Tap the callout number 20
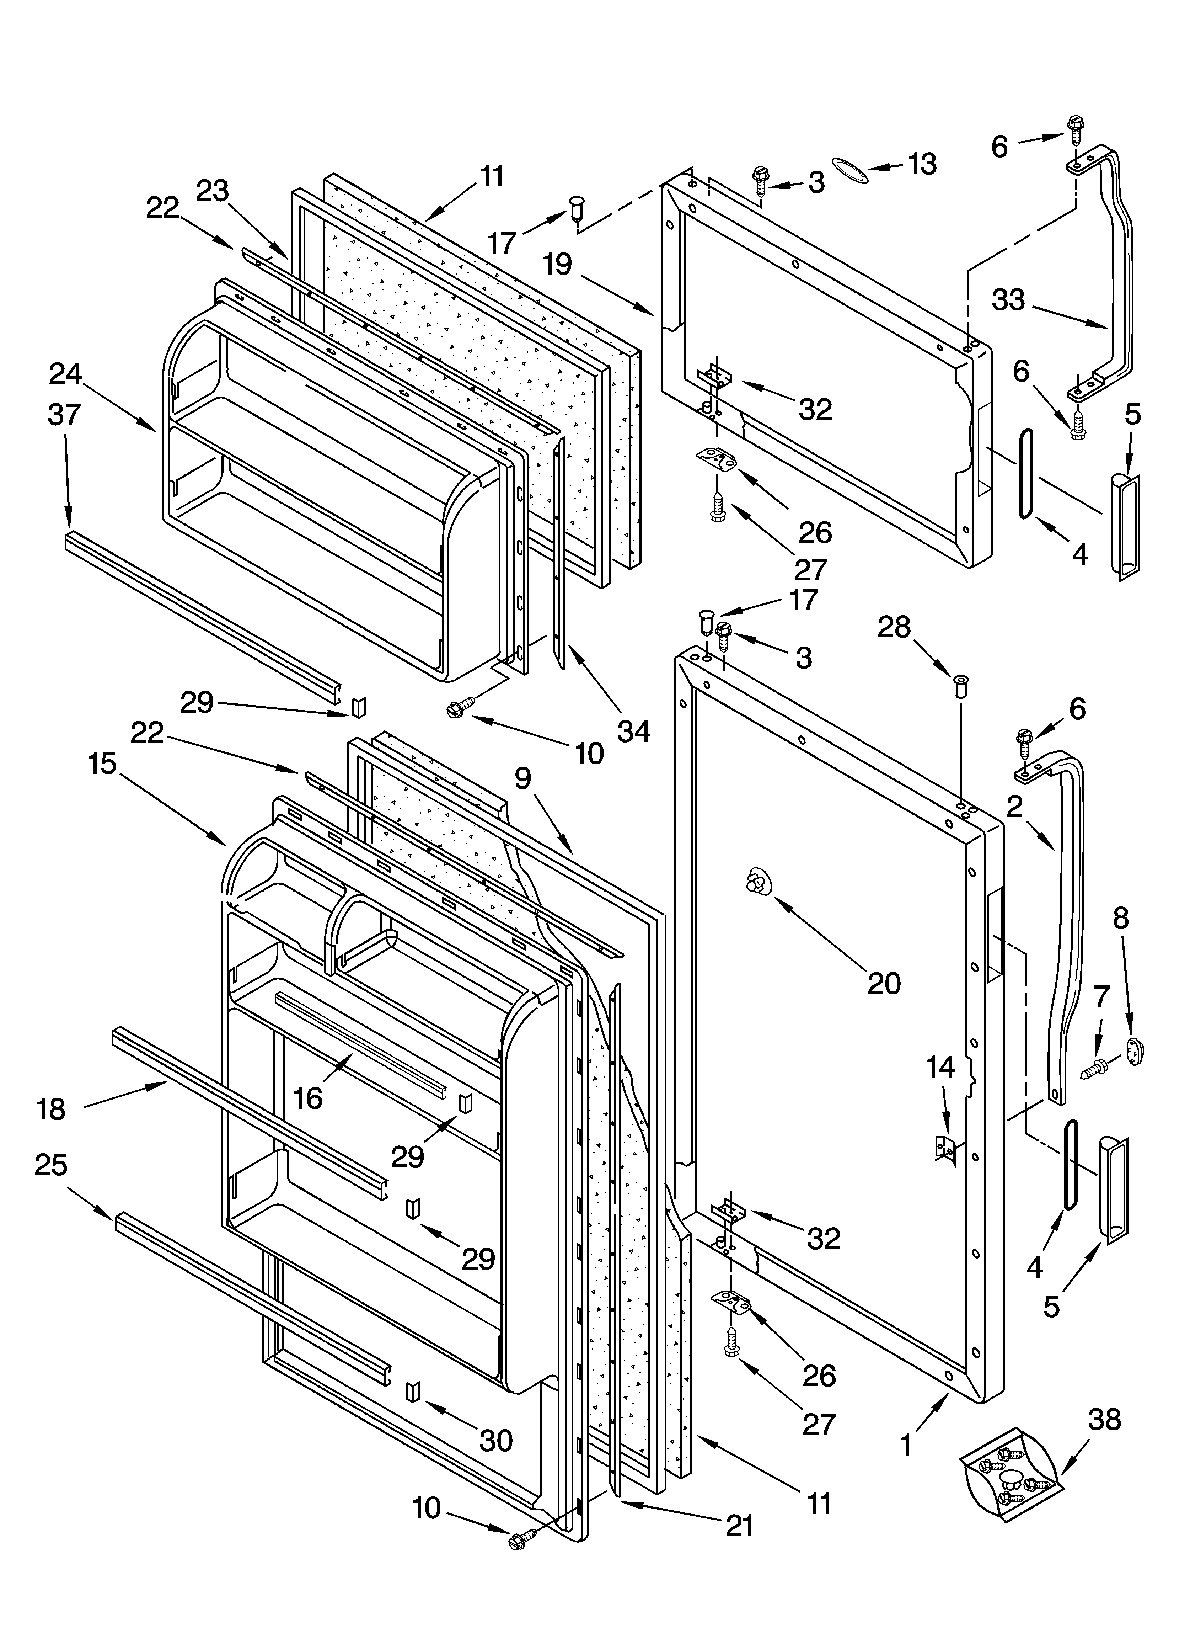tap(884, 983)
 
